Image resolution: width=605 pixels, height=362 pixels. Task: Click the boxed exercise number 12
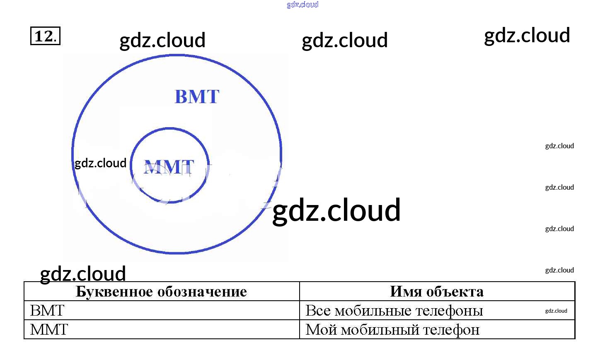point(45,36)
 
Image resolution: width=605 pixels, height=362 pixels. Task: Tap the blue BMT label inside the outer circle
point(197,97)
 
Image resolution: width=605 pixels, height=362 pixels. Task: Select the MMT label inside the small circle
point(169,167)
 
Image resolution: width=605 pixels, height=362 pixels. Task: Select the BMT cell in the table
point(47,311)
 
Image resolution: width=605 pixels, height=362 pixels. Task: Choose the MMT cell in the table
point(49,330)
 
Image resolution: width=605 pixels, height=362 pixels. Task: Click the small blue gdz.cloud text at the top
point(302,5)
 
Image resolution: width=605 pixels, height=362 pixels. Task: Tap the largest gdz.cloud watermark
point(336,210)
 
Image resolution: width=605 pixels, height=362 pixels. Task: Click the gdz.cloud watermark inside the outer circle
point(100,163)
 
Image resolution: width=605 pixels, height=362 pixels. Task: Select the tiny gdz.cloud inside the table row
point(556,311)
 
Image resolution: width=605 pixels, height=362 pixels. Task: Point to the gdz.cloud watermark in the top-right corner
point(527,36)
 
